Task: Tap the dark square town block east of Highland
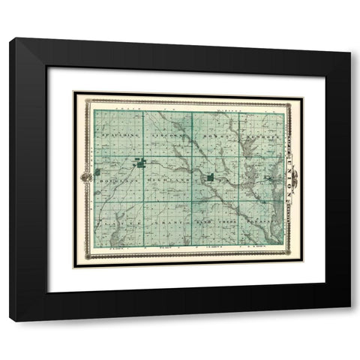tap(211, 178)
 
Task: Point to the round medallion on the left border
tap(85, 178)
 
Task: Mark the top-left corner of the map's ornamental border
tap(73, 92)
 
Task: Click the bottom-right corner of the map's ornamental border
tap(302, 261)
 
